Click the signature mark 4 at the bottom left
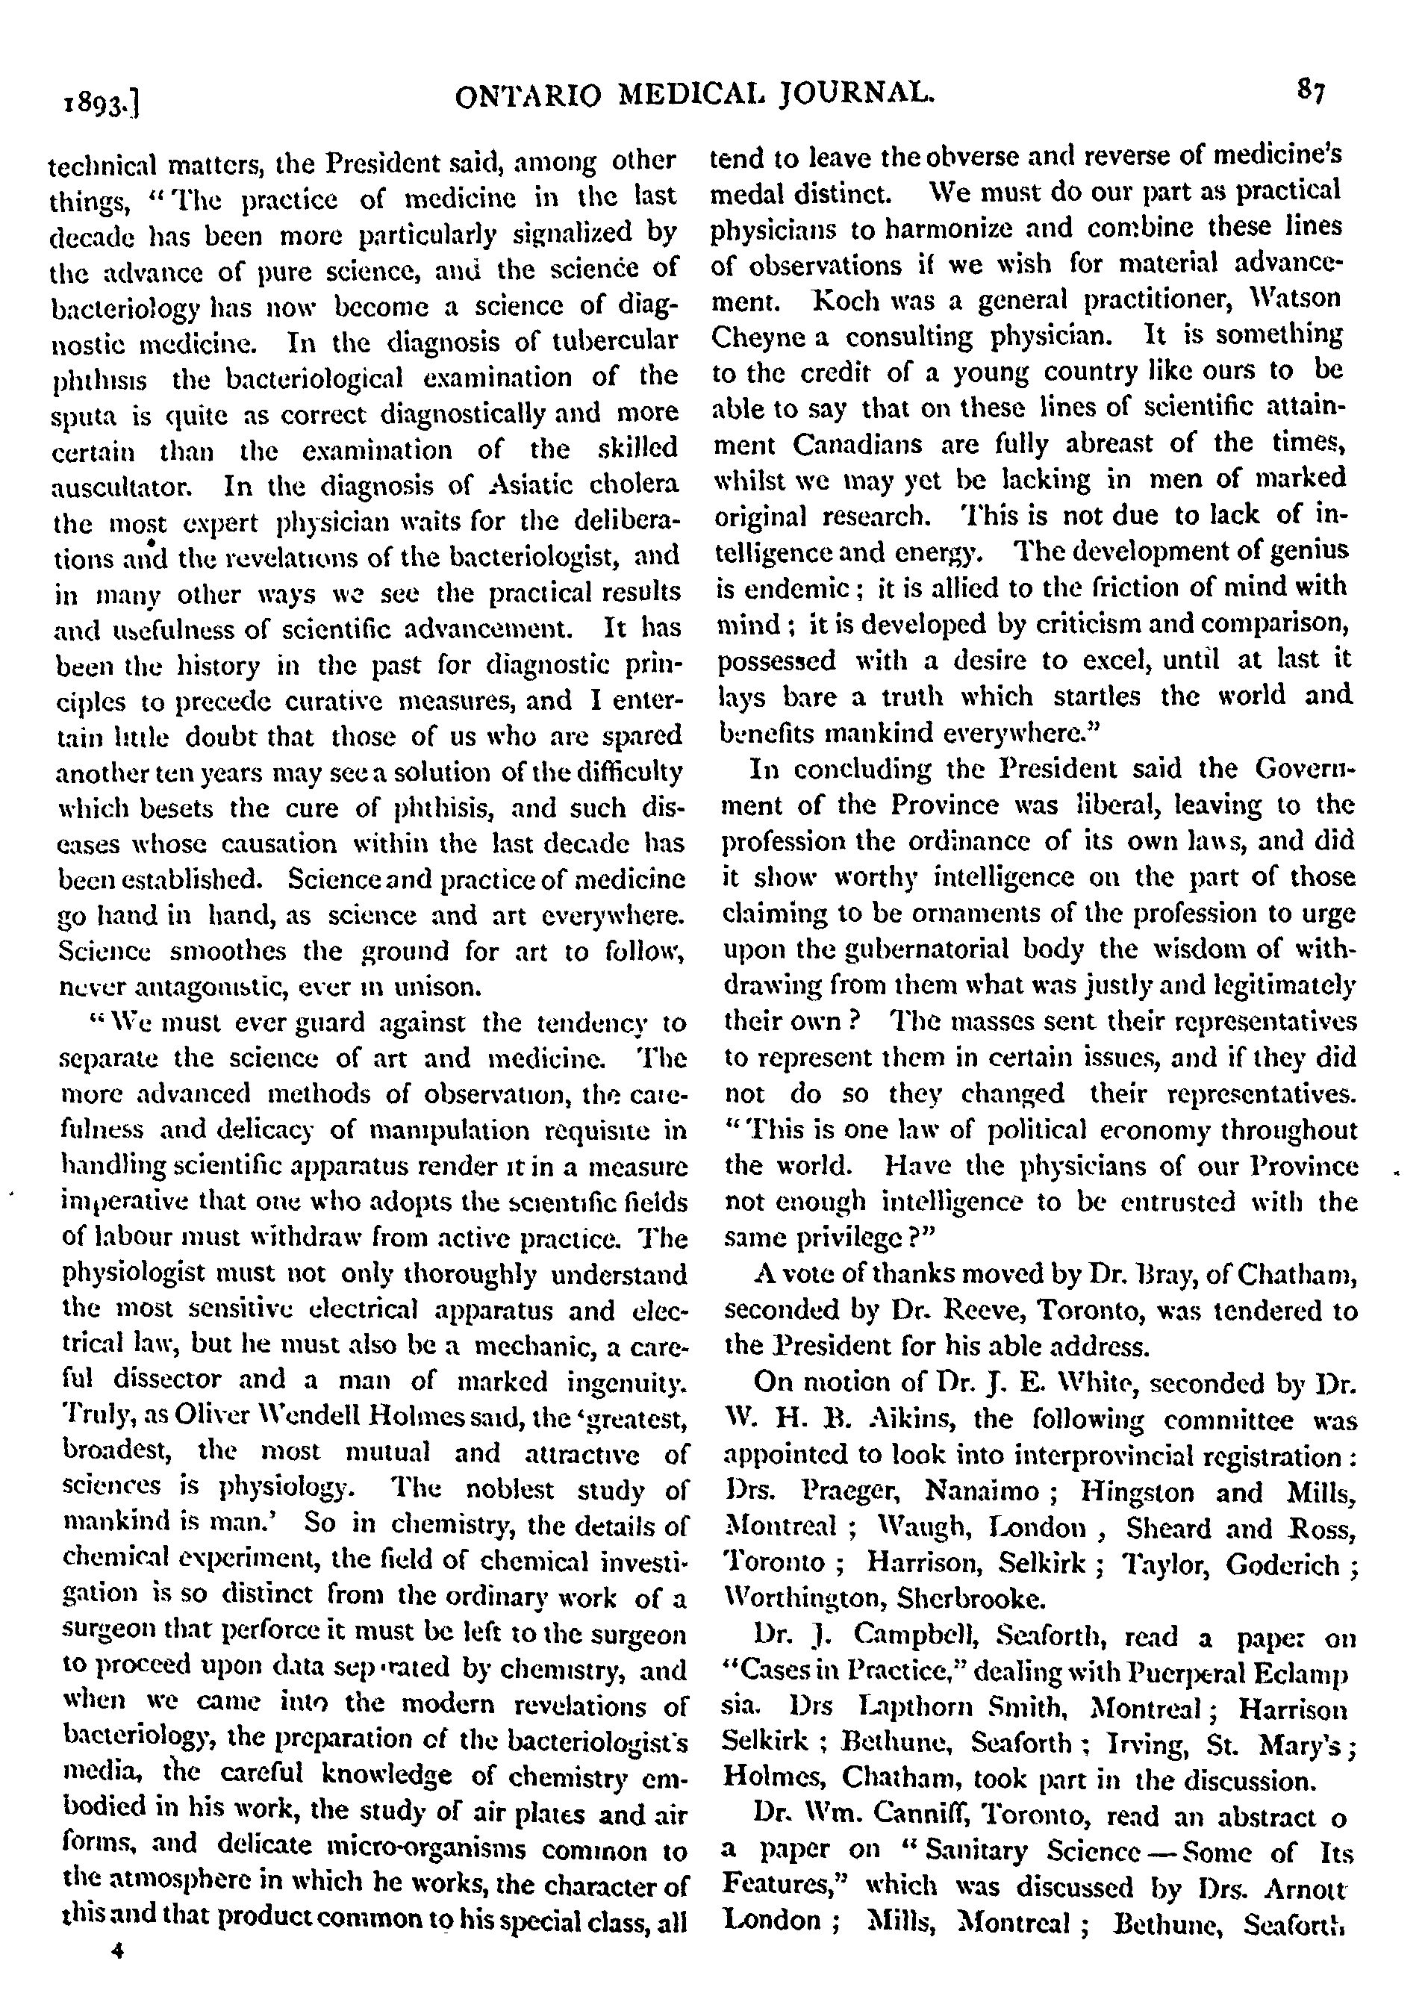[115, 1950]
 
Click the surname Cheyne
[758, 337]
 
